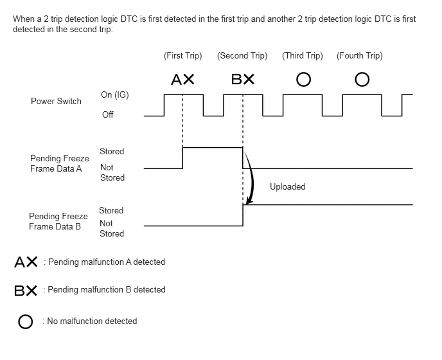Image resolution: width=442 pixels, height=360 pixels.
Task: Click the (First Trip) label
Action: (x=183, y=55)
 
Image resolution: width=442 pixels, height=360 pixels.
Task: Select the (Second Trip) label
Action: (x=242, y=55)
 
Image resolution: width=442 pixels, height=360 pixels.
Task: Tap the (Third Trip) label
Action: (x=303, y=55)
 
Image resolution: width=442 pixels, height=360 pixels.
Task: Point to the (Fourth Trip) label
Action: (x=360, y=55)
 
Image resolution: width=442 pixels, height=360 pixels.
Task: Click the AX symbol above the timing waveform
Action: (x=182, y=79)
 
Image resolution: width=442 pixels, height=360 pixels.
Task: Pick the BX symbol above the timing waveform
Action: (x=243, y=79)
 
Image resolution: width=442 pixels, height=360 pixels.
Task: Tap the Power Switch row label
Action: (x=56, y=101)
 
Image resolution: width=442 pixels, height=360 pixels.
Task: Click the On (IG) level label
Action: (x=115, y=94)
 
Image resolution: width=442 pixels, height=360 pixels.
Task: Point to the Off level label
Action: (x=108, y=114)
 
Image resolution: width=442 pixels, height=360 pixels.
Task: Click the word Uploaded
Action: (x=288, y=186)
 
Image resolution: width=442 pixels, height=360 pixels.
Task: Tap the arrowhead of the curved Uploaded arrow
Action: (x=249, y=201)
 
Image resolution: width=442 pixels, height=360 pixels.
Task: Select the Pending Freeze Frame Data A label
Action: (x=60, y=163)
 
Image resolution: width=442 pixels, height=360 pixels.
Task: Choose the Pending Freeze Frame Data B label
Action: (x=58, y=221)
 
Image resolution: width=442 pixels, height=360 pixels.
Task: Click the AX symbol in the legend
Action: (x=26, y=262)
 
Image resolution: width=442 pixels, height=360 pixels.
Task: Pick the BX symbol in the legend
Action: (x=26, y=291)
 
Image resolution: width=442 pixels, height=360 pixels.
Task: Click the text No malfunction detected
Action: (x=92, y=321)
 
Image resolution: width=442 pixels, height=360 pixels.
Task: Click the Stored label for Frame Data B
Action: (x=111, y=210)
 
